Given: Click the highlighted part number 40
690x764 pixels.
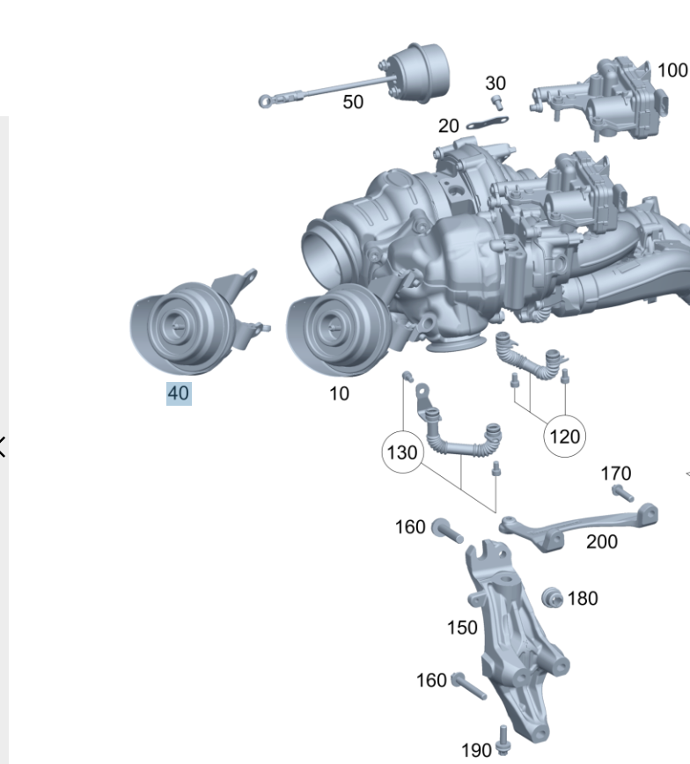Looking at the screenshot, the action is point(179,393).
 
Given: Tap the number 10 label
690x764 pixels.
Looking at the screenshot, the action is point(339,393).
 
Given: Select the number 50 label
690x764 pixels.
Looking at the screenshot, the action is point(353,102).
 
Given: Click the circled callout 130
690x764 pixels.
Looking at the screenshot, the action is point(402,452).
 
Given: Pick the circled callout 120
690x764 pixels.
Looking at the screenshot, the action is point(565,436).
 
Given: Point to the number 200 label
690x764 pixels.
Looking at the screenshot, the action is point(602,542).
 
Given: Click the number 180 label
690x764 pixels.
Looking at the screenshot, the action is point(583,599).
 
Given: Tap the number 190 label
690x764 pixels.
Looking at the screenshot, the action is point(476,750).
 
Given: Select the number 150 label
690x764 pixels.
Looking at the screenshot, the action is point(462,628).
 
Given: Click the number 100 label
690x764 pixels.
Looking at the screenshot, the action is point(673,70).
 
